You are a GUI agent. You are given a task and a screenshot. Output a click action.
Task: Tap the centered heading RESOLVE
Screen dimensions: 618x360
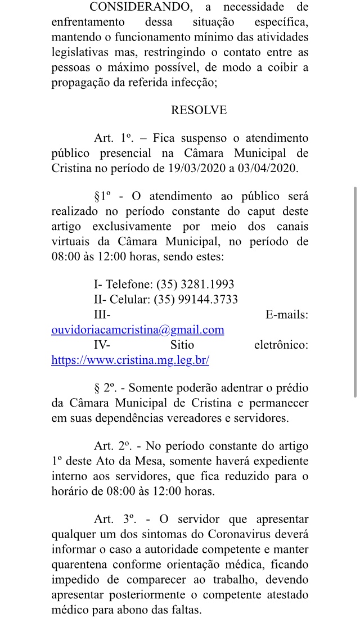point(199,110)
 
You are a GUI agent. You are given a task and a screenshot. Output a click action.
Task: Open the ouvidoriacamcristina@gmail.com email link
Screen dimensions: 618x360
point(138,330)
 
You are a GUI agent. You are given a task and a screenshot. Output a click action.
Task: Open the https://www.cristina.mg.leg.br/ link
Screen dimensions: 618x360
point(130,360)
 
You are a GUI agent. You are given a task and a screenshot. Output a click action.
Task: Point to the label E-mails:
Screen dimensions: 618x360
point(286,315)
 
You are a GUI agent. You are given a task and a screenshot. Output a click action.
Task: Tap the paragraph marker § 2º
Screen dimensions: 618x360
point(105,389)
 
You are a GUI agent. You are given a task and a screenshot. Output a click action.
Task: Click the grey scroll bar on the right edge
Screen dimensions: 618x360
point(354,292)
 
